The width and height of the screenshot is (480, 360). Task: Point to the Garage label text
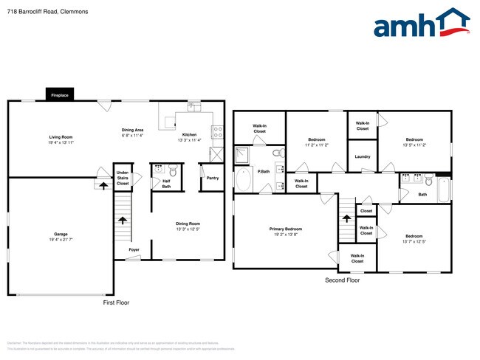61,234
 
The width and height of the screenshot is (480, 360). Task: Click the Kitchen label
189,135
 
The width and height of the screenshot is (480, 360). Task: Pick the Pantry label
213,178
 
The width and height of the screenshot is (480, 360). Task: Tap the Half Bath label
166,184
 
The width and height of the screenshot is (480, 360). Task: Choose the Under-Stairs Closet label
123,178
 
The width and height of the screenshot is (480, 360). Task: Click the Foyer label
134,249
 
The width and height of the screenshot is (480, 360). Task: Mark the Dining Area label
132,131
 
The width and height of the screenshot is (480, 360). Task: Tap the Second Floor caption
343,280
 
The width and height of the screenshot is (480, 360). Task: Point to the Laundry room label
362,156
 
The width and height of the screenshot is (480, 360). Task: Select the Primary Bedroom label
285,229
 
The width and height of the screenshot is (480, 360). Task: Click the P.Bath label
263,171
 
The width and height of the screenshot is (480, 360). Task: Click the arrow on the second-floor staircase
345,218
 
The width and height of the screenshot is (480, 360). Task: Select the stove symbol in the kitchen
217,132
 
